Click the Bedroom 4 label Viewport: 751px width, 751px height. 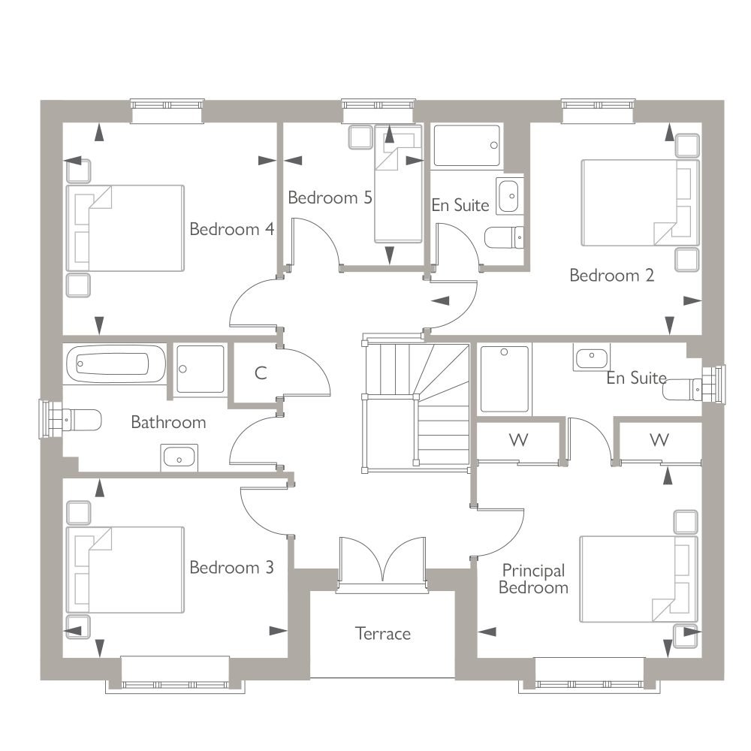coord(232,229)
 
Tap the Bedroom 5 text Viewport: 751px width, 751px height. coord(330,198)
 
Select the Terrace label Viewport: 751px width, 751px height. coord(383,634)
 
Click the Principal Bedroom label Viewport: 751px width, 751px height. coord(533,578)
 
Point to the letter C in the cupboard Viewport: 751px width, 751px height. coord(261,372)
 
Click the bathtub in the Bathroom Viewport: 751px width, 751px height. coord(115,363)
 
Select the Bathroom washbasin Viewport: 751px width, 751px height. coord(179,457)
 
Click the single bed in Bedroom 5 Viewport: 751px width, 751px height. coord(398,184)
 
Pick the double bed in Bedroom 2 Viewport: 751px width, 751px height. coord(640,203)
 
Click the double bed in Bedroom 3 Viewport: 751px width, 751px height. coord(125,569)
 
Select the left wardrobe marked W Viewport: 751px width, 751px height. coord(518,440)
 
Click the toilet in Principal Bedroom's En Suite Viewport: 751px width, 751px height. coord(684,388)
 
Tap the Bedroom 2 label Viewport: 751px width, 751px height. coord(611,275)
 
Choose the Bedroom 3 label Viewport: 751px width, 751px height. coord(232,567)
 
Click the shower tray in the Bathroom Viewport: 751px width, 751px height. coord(201,369)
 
